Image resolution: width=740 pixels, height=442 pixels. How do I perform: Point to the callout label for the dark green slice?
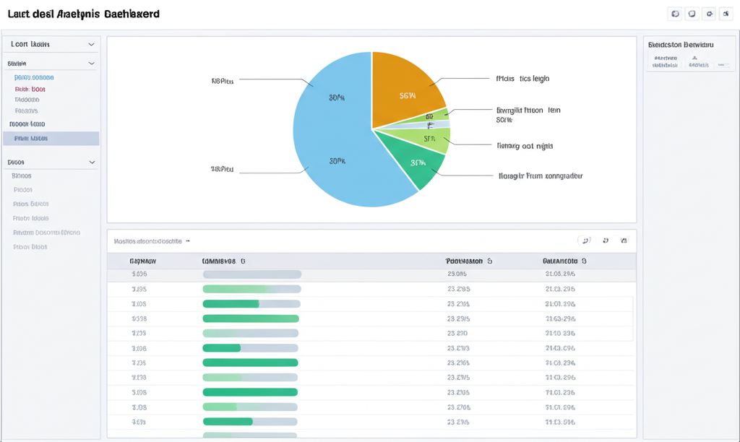pos(541,175)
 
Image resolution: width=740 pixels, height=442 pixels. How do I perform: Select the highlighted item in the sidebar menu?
pos(51,139)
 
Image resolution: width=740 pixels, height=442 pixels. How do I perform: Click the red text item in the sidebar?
pos(30,89)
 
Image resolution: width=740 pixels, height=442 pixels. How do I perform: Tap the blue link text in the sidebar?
pos(34,77)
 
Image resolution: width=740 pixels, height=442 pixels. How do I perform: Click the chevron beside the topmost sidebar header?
pos(91,45)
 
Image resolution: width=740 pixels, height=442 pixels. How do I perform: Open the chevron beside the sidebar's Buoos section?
pos(91,162)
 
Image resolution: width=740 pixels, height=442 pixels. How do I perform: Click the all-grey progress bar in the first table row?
pos(251,274)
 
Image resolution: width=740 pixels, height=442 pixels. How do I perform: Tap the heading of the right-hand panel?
pos(681,45)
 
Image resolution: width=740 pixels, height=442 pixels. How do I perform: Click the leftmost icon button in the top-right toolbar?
pos(675,14)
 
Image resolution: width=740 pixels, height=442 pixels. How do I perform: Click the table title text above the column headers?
pos(148,240)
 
